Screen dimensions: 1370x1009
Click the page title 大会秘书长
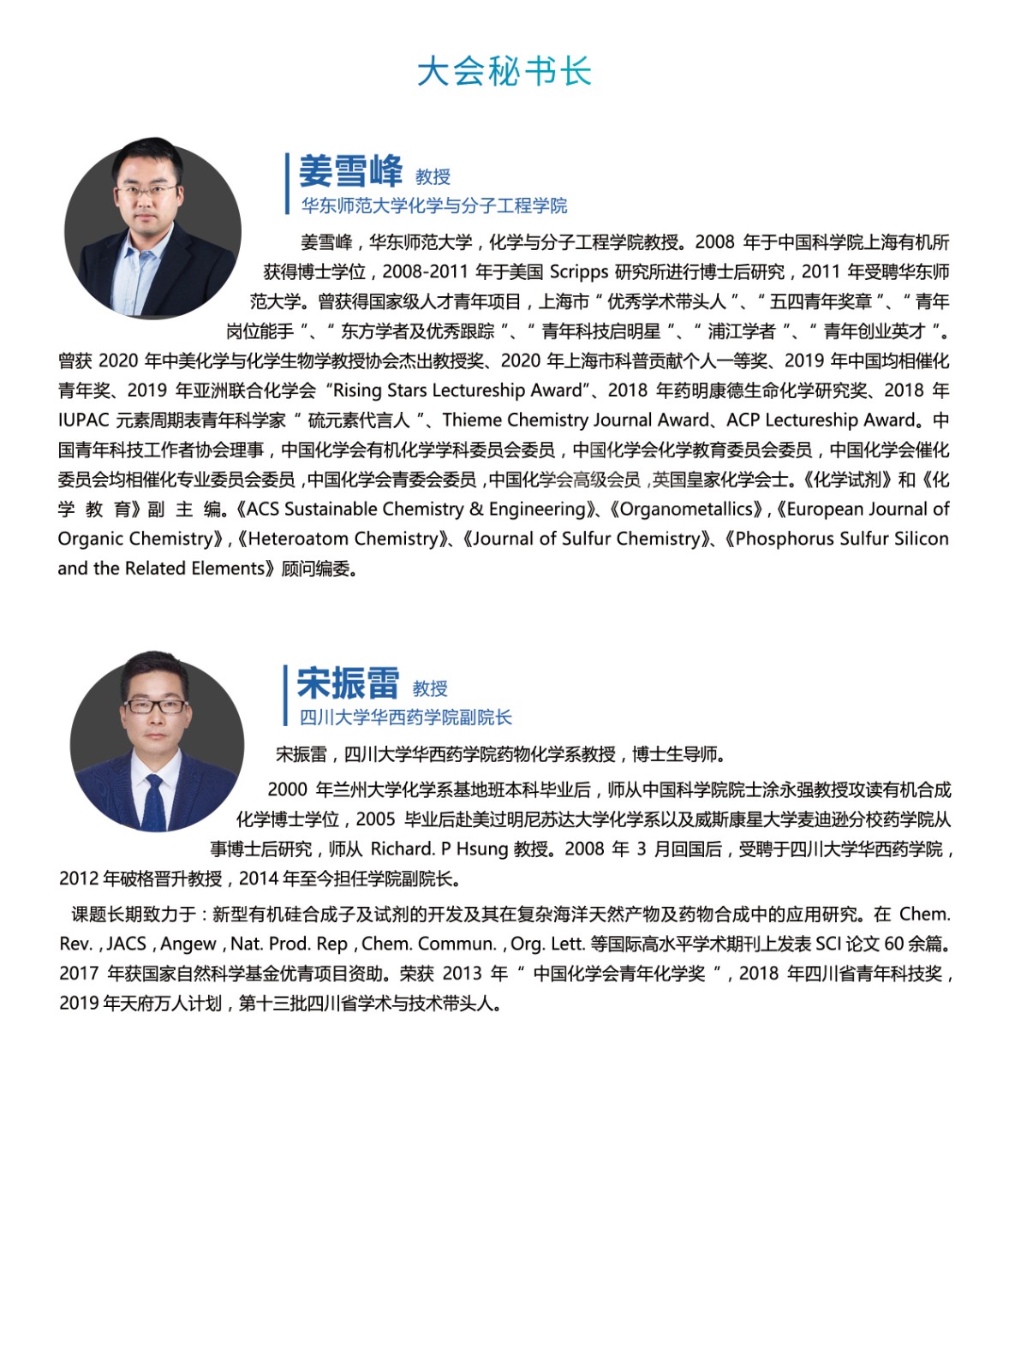504,71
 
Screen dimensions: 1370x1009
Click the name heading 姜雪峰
350,171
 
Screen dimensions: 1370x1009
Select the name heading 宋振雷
348,683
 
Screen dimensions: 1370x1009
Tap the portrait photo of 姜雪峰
152,229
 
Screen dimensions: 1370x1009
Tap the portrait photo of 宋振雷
156,742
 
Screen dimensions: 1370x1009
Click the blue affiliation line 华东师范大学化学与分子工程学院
434,205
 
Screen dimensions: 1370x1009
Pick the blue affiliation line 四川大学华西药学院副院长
405,717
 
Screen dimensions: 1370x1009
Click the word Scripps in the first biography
579,272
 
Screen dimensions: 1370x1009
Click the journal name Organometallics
686,509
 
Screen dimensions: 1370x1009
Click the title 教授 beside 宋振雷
430,688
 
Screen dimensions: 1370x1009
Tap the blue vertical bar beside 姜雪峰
288,183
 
